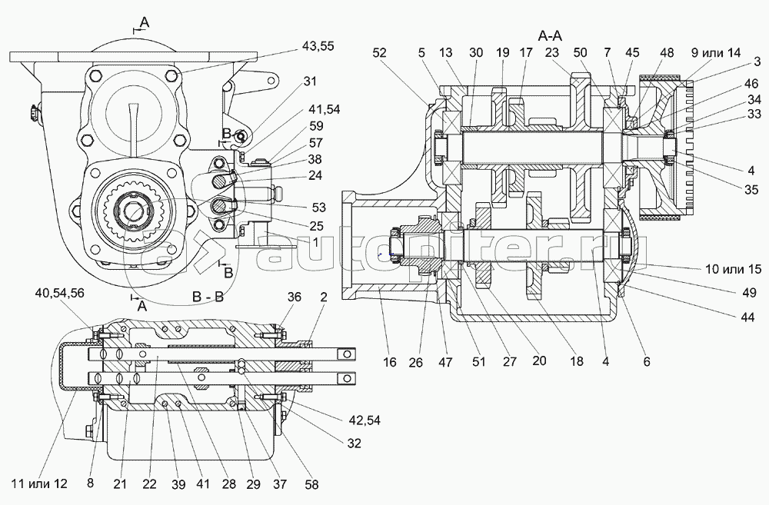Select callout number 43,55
coord(318,46)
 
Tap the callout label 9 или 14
coord(716,53)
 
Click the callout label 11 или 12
coord(39,483)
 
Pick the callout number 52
coord(379,53)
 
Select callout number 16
coord(391,361)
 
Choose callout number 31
coord(309,81)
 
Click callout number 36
coord(294,297)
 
